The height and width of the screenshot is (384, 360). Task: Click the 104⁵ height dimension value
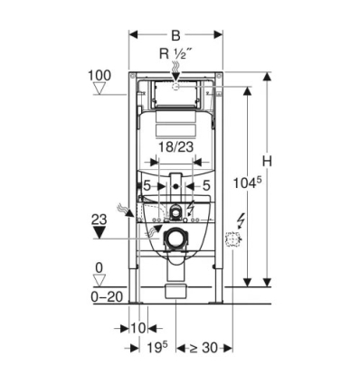247,180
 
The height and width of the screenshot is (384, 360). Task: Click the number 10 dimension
138,326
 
